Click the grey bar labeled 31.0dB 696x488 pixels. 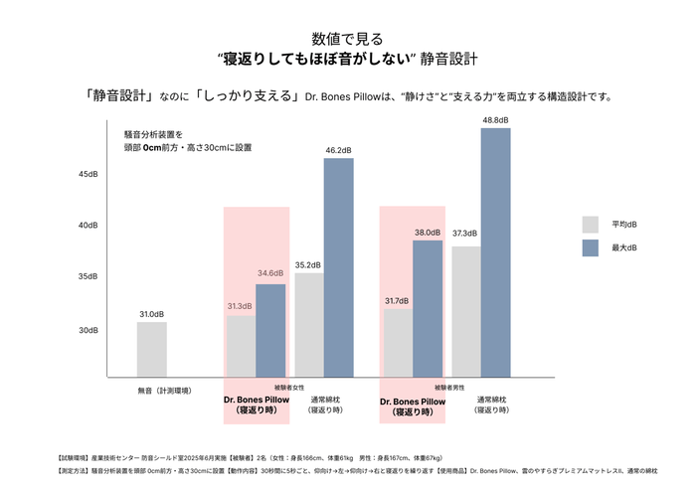[x=151, y=349]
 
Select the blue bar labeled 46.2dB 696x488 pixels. [x=338, y=267]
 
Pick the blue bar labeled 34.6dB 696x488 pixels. [x=270, y=330]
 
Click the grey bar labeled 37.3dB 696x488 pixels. [x=464, y=311]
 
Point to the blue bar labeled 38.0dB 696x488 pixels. [x=427, y=308]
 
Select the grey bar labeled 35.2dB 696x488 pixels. [x=308, y=324]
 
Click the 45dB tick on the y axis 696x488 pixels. [x=88, y=174]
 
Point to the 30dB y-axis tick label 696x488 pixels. [x=88, y=330]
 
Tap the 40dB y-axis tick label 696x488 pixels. [x=88, y=226]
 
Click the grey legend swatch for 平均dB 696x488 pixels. [x=590, y=224]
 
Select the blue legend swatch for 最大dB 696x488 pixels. [x=590, y=247]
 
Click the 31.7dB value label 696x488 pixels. [x=397, y=301]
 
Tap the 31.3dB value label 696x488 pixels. [x=240, y=306]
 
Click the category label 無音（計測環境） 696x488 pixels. [x=165, y=391]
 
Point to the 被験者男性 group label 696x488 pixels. [x=450, y=387]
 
